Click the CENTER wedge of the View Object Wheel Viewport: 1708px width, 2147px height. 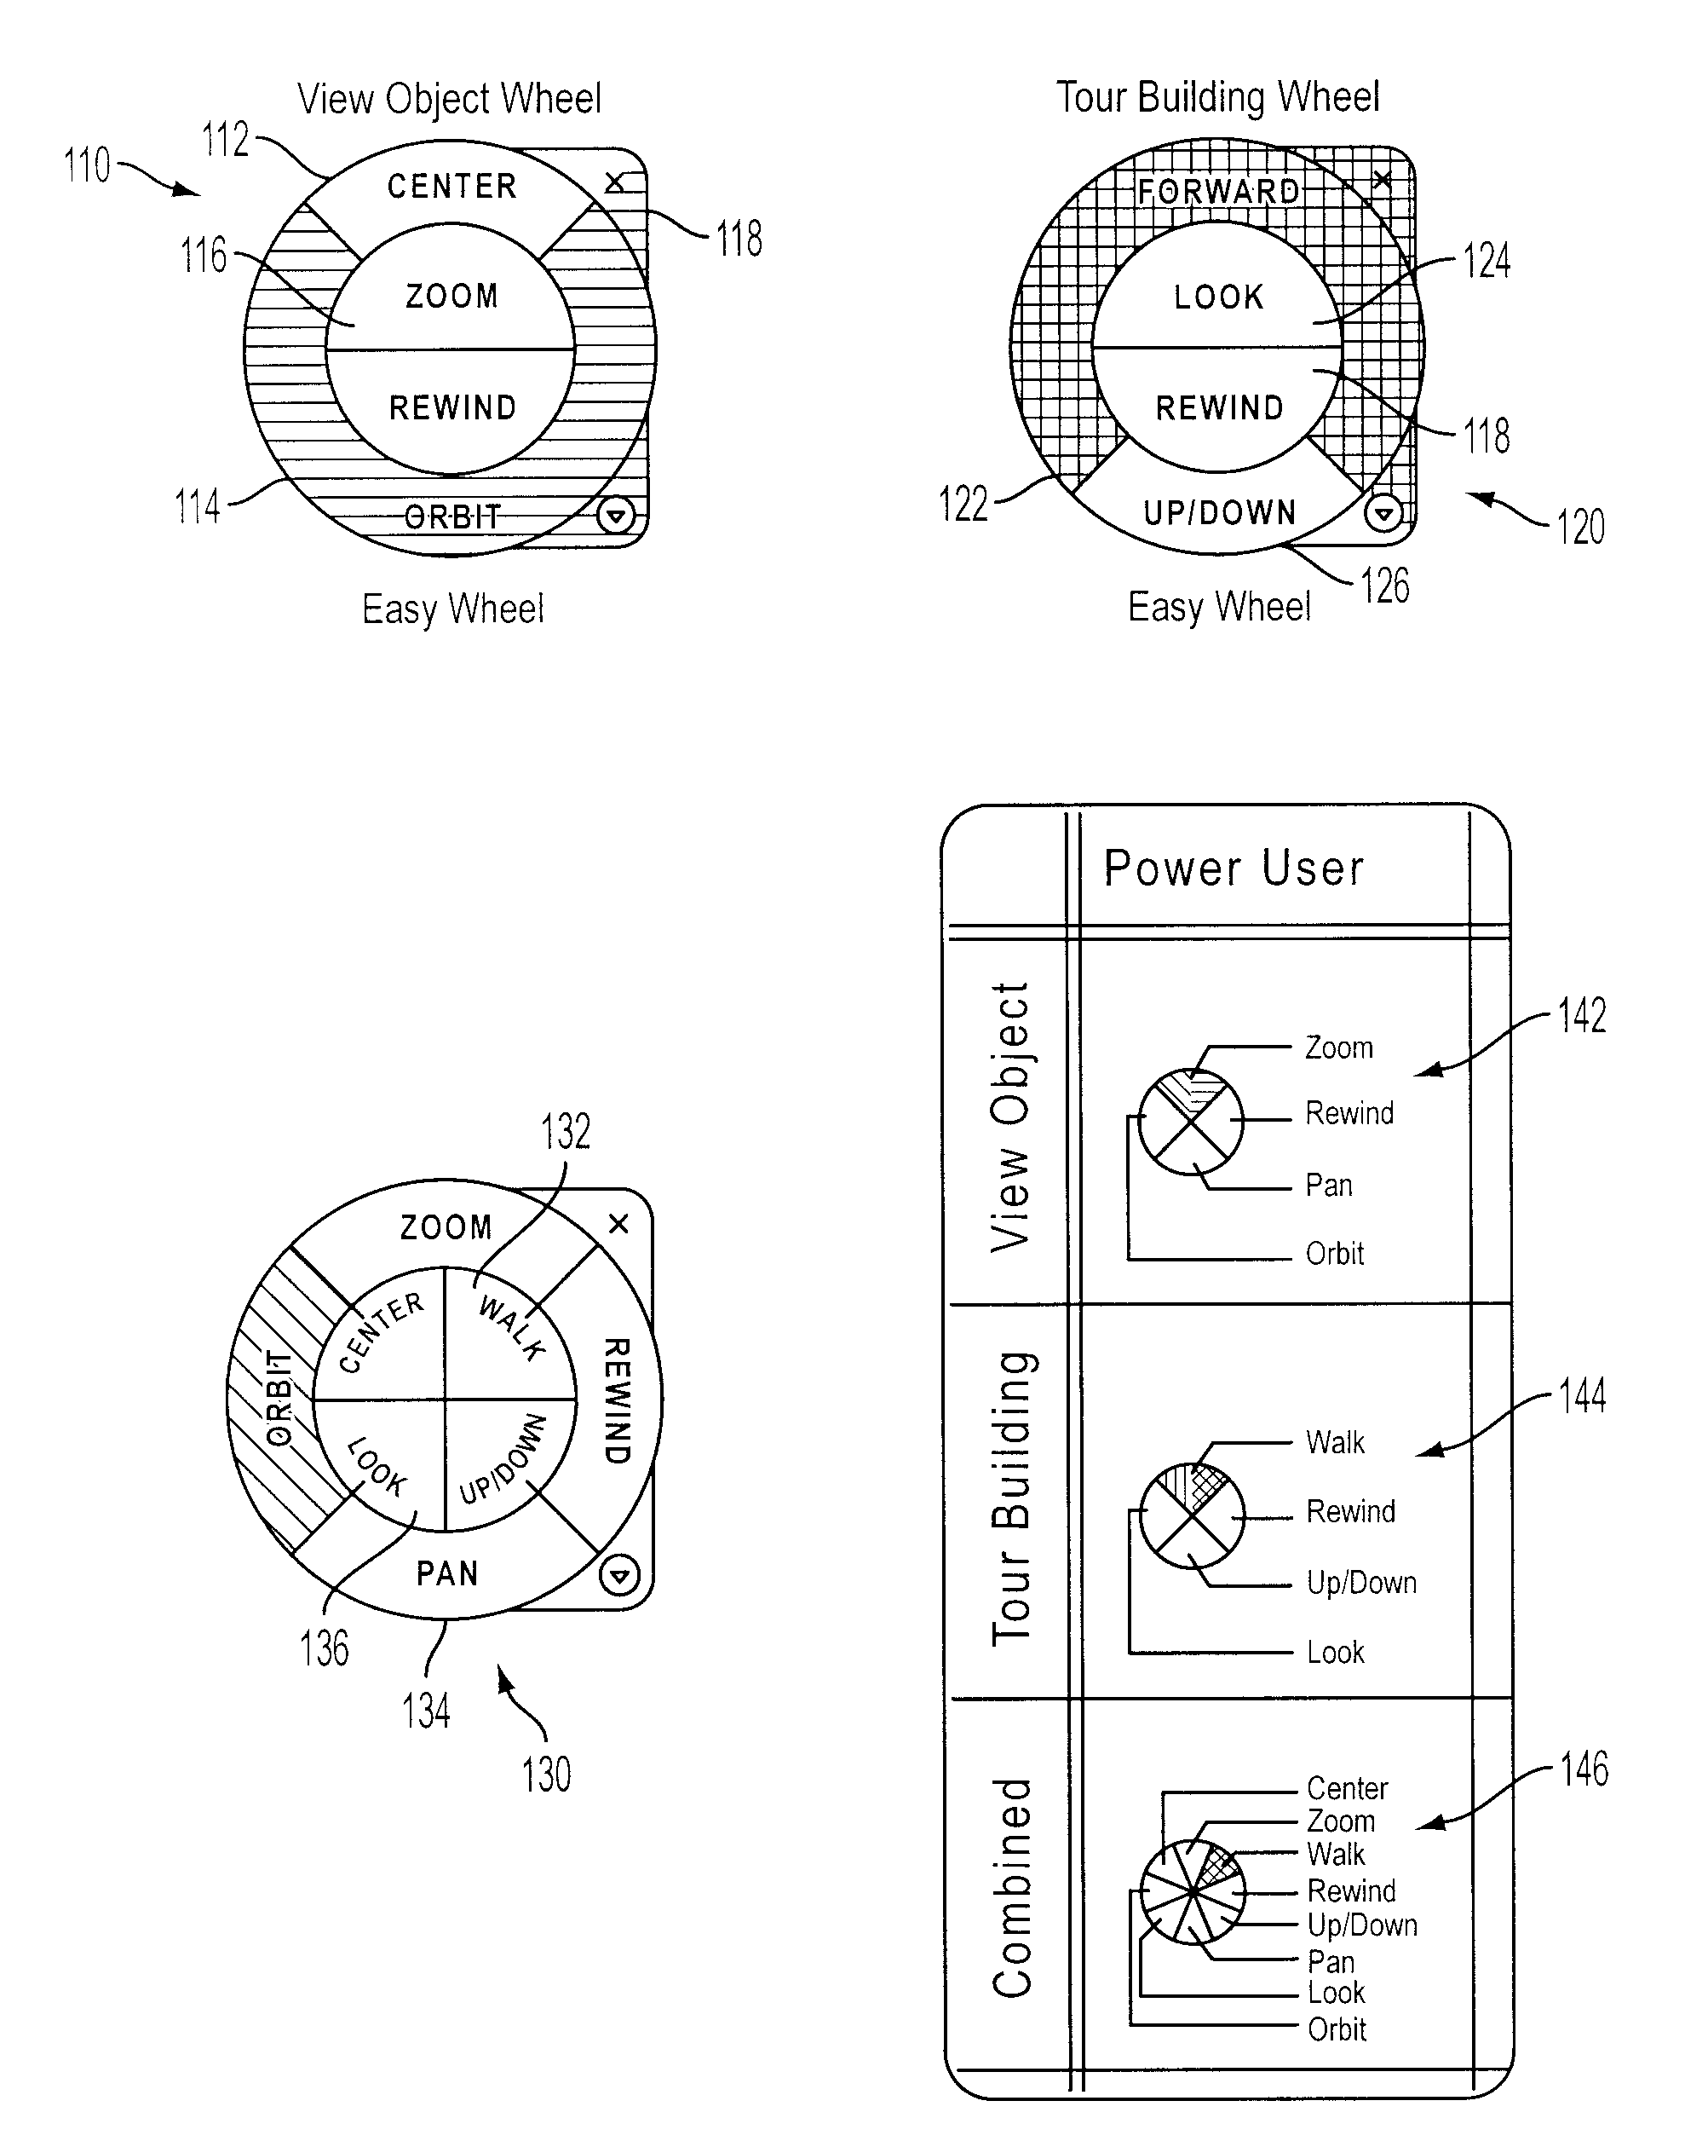[x=451, y=185]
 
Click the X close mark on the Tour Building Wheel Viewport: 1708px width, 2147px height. [x=1382, y=179]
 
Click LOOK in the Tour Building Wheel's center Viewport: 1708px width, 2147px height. [x=1218, y=296]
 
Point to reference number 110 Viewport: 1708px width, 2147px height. [x=88, y=165]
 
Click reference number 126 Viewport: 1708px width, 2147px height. [x=1385, y=586]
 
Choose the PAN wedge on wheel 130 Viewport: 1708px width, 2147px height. [x=447, y=1574]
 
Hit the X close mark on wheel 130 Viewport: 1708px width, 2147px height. [x=618, y=1223]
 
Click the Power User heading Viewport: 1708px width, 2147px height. [x=1234, y=869]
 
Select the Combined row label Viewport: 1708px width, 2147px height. [x=1012, y=1887]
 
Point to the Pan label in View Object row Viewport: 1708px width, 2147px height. [x=1329, y=1185]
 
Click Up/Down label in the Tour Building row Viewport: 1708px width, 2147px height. [x=1361, y=1583]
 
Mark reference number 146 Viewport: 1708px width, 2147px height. [x=1584, y=1769]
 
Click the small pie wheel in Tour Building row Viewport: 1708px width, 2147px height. [x=1192, y=1515]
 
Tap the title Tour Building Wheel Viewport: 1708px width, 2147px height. [x=1217, y=97]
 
